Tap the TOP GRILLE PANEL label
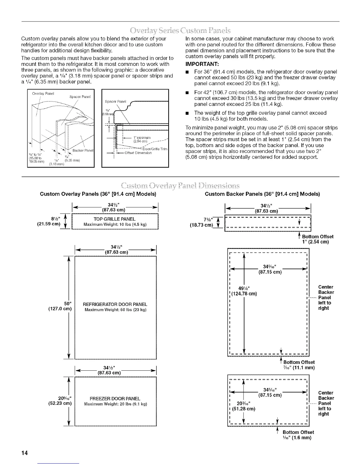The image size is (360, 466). pyautogui.click(x=114, y=219)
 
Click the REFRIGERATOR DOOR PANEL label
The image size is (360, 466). pyautogui.click(x=115, y=304)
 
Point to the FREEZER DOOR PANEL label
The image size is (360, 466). pyautogui.click(x=115, y=399)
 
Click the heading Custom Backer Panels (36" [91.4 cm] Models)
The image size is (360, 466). pyautogui.click(x=262, y=194)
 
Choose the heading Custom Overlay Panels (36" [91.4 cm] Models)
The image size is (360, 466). pyautogui.click(x=98, y=194)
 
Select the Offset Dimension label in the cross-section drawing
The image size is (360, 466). pyautogui.click(x=138, y=153)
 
